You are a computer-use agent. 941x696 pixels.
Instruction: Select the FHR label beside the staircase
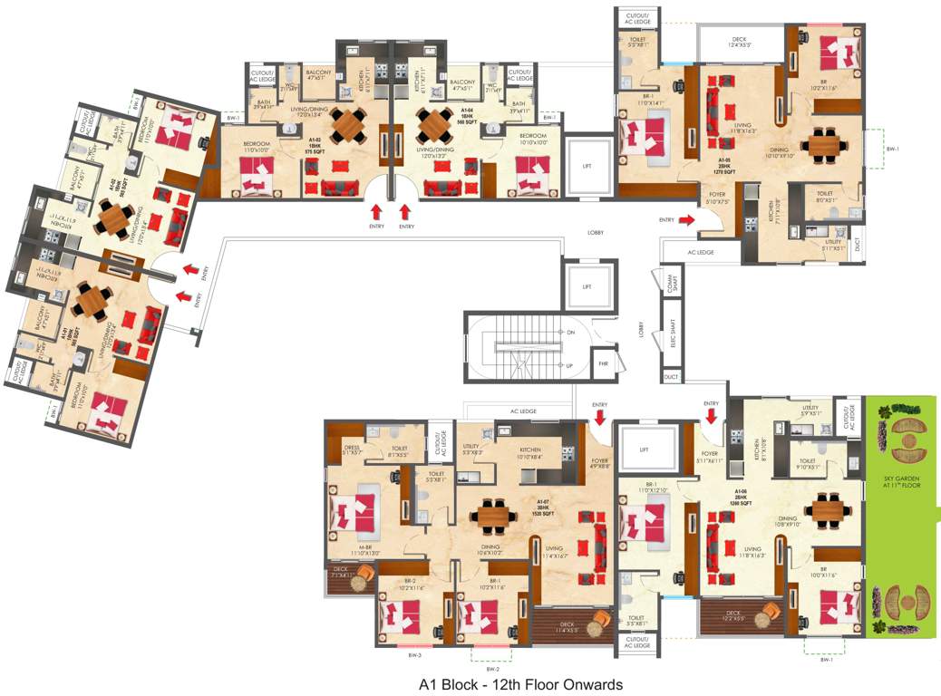(x=603, y=364)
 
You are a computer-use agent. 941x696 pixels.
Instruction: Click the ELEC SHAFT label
(x=673, y=335)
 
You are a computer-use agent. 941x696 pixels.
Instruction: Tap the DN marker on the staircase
(x=570, y=333)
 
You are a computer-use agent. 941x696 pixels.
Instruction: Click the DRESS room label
(x=353, y=448)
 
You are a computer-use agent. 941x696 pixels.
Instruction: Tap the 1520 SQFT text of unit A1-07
(x=543, y=510)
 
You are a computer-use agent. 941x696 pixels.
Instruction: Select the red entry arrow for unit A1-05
(x=687, y=218)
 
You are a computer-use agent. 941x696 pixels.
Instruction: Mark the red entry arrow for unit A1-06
(x=711, y=415)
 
